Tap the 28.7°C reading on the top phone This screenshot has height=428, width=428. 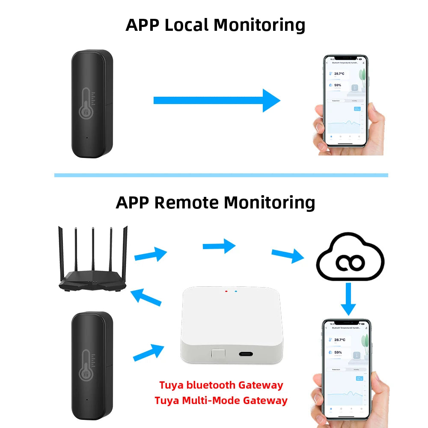point(340,74)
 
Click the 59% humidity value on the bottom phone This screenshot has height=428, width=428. point(338,352)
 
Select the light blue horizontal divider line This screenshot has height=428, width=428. point(221,175)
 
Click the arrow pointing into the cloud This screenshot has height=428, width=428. point(288,255)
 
